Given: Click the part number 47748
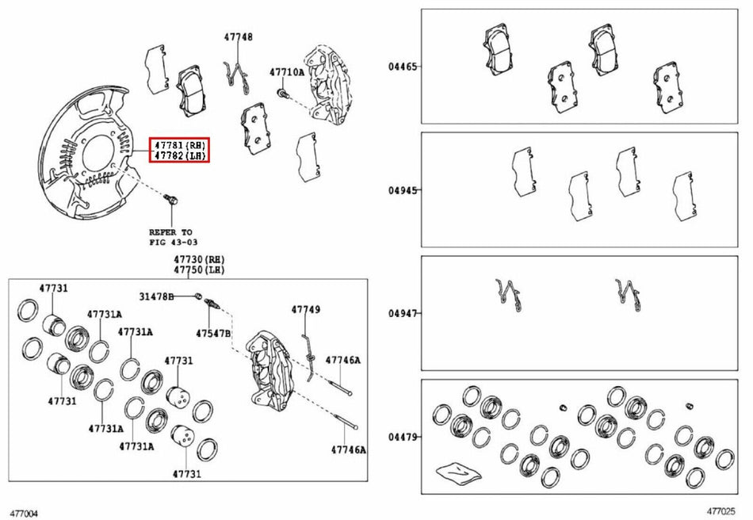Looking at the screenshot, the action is pos(239,37).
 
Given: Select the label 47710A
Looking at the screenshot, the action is pos(287,72).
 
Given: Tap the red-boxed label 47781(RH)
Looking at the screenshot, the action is pos(180,144).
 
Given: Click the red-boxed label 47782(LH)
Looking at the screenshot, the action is pos(180,155).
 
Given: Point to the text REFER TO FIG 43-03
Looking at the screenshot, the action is pos(173,237).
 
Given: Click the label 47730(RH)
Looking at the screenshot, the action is pos(199,260).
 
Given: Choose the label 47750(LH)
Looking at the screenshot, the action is pos(199,270).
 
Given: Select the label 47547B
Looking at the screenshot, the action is pos(213,333).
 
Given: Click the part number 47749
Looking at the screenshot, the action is pos(305,310).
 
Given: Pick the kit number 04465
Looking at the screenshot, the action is pos(403,67).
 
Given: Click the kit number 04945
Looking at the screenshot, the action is pos(403,190).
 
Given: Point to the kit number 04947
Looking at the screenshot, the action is pos(403,314).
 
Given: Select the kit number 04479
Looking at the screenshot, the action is pos(403,437).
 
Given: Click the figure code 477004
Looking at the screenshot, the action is pos(24,514).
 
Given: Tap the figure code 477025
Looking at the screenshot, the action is pos(721,512).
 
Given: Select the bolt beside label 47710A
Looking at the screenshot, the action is pos(282,93).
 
